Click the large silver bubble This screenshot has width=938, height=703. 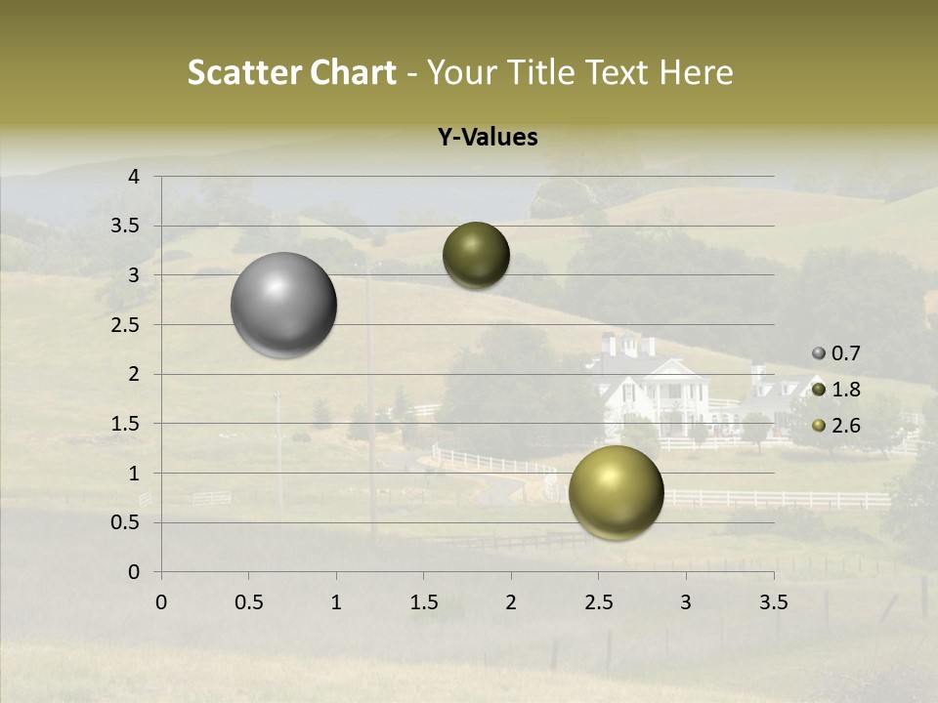(283, 305)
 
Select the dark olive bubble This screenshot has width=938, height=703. (476, 255)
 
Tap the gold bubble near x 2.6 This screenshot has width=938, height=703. (616, 492)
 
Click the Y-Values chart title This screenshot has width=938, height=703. (487, 138)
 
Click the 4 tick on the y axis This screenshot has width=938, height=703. (134, 177)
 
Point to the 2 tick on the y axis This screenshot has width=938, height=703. (134, 374)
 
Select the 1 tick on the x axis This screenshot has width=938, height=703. (336, 602)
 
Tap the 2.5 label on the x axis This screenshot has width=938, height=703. (598, 602)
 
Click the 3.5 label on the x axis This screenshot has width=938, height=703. (773, 602)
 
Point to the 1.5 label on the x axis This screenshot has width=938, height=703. (423, 602)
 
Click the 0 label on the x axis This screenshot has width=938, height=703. (161, 602)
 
